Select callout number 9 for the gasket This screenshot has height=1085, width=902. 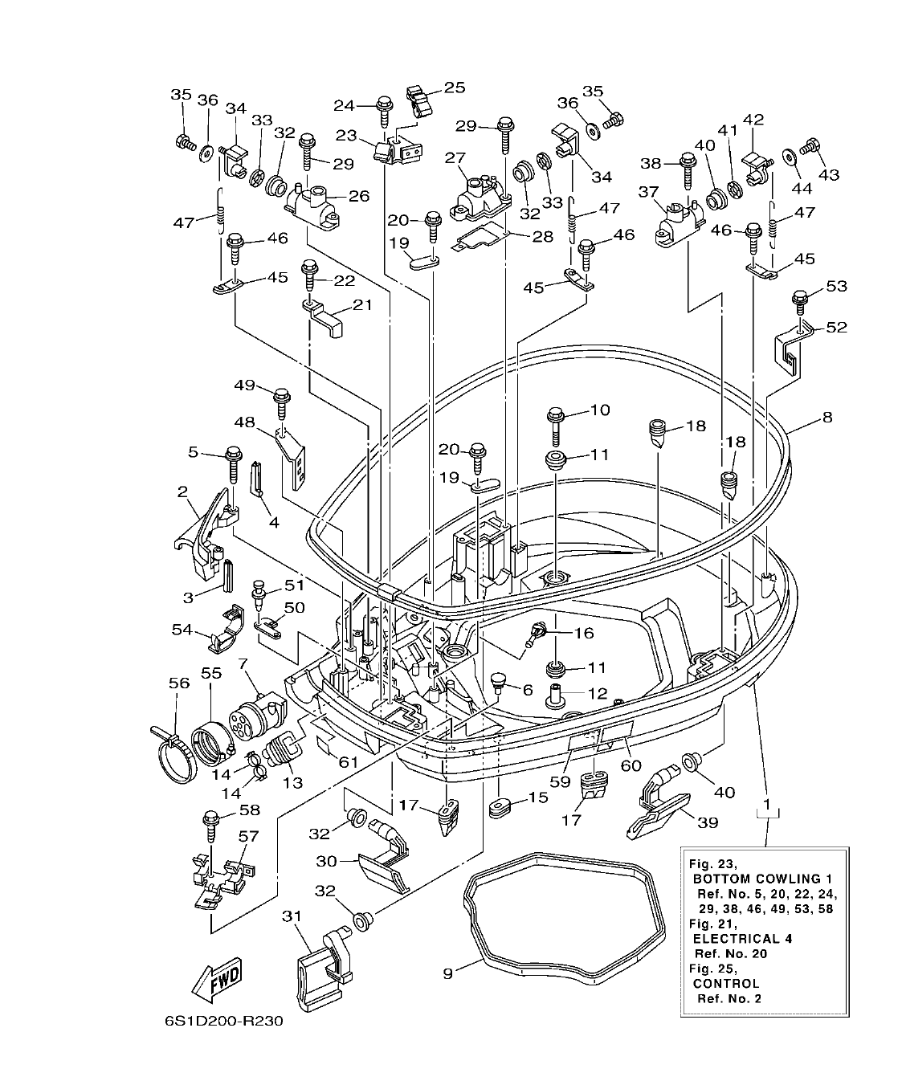448,973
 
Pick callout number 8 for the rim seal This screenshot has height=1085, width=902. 826,417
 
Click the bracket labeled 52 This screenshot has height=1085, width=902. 786,349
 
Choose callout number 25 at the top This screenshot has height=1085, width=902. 455,87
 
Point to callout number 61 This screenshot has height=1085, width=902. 348,761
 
